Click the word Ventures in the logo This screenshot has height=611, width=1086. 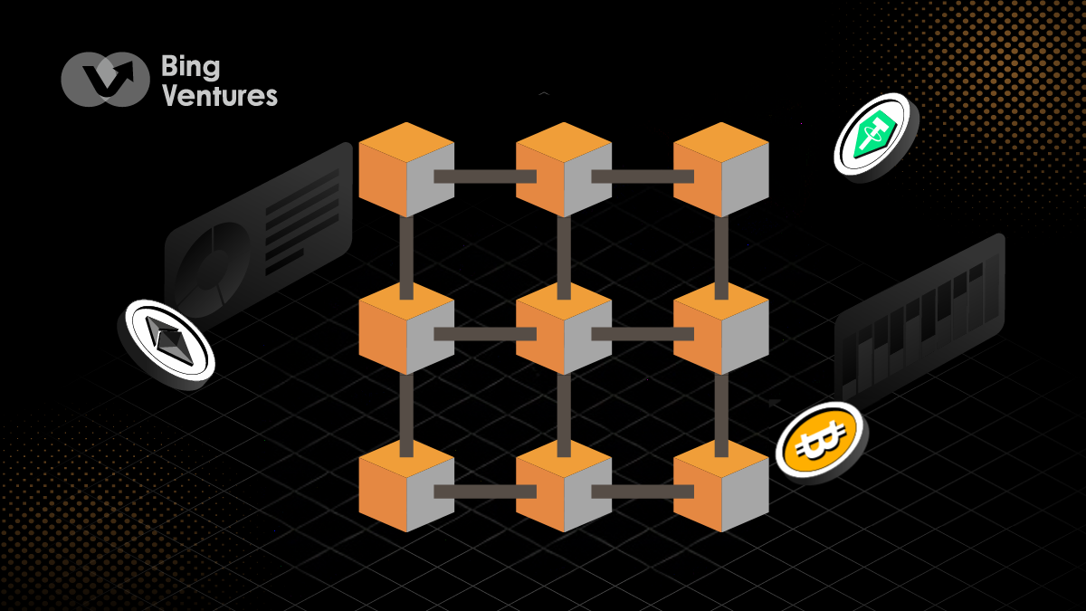(x=219, y=97)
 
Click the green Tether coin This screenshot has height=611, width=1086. (x=874, y=136)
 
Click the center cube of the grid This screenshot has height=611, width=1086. (x=563, y=328)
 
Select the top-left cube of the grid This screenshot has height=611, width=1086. (x=405, y=170)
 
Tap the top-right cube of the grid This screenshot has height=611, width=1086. (x=720, y=170)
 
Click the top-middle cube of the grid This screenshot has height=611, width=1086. (x=563, y=170)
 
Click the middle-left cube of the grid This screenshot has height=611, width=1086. (x=405, y=328)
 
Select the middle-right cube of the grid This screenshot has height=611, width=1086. (x=720, y=328)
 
